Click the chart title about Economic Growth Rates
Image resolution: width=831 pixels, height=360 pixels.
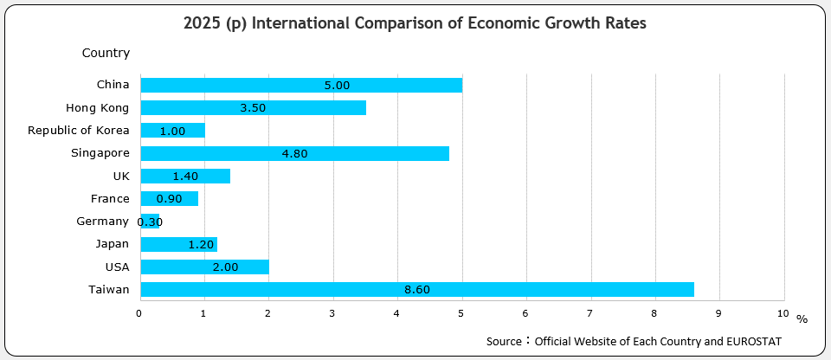tap(415, 24)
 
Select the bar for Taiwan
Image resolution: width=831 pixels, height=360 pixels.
tap(416, 289)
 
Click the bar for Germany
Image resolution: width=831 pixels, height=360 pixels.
tap(150, 222)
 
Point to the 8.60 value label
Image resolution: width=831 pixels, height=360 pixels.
tap(417, 290)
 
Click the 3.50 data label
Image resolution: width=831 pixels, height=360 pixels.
tap(253, 108)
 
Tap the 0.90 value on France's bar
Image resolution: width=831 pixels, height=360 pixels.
tap(169, 199)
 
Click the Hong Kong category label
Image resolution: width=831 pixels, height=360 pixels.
tap(97, 108)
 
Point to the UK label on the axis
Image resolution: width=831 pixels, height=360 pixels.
tap(120, 176)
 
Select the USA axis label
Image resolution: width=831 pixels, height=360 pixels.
tap(117, 267)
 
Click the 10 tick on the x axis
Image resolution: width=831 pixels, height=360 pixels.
tap(783, 312)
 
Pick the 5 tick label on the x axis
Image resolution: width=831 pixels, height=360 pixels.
tap(461, 312)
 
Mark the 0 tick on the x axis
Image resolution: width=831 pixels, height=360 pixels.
tap(139, 312)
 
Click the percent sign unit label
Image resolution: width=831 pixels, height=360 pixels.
tap(802, 319)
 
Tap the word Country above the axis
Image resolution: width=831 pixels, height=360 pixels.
tap(106, 54)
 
